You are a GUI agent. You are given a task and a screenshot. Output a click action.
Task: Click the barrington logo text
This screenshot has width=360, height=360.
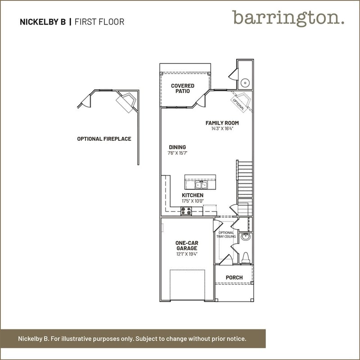288,18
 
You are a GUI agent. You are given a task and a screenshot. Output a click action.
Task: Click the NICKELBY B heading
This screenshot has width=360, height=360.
43,22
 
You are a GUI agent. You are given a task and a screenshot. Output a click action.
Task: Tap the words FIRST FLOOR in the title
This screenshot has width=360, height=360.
99,22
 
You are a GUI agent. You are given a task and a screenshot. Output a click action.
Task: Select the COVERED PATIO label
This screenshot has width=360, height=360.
183,88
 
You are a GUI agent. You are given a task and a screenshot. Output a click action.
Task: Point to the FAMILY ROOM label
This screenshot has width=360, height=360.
222,123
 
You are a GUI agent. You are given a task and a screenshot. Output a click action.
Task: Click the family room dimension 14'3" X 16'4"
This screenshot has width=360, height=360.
222,129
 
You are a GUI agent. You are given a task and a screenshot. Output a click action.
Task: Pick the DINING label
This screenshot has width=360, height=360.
177,147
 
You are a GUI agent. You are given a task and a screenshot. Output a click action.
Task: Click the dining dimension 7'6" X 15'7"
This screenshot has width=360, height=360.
177,153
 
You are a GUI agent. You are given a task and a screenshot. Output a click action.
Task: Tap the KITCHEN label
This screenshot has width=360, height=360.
193,195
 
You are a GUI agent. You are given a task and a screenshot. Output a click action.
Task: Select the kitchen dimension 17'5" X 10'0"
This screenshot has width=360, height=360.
193,201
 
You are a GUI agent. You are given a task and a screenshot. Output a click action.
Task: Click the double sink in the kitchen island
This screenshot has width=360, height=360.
201,184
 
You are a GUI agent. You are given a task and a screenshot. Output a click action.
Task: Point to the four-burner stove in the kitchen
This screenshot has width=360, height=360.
186,211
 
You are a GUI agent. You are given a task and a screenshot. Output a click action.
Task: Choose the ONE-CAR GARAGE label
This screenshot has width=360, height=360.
187,245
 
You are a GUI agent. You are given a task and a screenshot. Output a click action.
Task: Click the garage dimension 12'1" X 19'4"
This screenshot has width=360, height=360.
187,254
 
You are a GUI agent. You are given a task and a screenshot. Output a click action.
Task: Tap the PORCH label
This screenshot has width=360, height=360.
234,278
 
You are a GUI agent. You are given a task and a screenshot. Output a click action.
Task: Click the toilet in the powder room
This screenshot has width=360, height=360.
245,258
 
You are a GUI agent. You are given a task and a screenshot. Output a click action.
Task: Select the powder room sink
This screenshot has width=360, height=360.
246,237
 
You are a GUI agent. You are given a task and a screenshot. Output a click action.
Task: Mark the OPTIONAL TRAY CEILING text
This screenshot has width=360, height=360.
226,234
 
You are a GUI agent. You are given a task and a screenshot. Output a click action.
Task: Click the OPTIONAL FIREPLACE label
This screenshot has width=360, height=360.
104,139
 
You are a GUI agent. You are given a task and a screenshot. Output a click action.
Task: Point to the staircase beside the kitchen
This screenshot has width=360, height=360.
245,188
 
